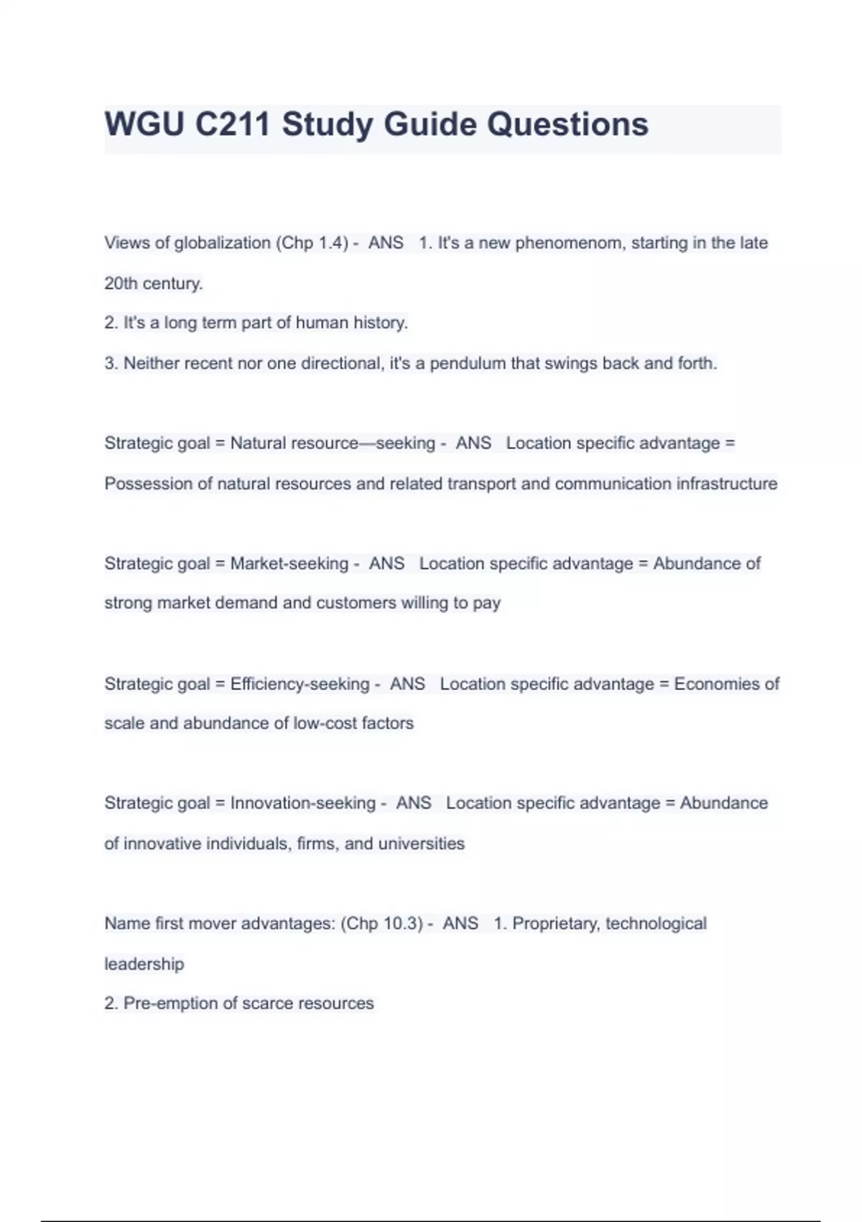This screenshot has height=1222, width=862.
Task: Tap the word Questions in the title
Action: click(x=567, y=124)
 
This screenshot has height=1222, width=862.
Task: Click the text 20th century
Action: click(x=153, y=283)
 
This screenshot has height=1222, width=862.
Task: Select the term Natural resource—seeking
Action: click(x=333, y=443)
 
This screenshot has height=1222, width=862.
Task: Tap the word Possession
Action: click(x=148, y=483)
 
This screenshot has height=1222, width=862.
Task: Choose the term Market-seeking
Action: click(x=289, y=563)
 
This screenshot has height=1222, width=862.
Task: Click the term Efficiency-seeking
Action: click(x=300, y=684)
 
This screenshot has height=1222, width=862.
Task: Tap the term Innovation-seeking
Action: click(x=302, y=803)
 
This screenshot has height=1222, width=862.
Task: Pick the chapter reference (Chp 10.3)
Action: click(x=381, y=923)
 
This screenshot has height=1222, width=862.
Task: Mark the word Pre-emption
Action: click(x=170, y=1003)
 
